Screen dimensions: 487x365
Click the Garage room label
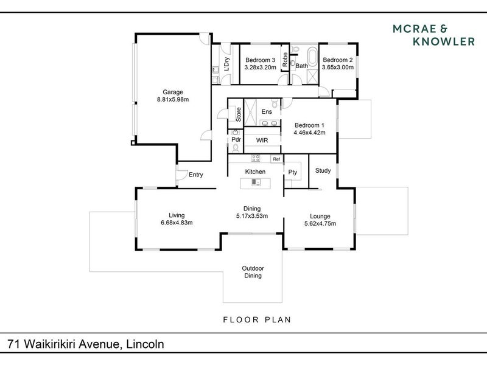[x=173, y=92]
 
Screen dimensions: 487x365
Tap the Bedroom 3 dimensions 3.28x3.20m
[x=261, y=68]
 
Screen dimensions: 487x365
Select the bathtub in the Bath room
[x=312, y=56]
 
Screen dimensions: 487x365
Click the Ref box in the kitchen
[x=276, y=159]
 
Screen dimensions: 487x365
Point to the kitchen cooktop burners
[x=256, y=158]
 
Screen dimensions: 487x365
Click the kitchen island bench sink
[x=256, y=182]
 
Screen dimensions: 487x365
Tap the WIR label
[x=262, y=141]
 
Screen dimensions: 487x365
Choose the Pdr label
[x=236, y=139]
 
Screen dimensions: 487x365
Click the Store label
[x=239, y=114]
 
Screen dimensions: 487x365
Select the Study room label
[x=323, y=170]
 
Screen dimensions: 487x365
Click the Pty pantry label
[x=293, y=172]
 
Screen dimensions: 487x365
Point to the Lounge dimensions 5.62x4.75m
[x=320, y=223]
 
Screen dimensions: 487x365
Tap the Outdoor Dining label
[x=253, y=272]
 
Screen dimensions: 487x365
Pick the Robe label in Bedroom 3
[x=285, y=59]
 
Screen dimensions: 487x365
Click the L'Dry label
[x=226, y=64]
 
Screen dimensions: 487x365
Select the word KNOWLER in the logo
[x=444, y=41]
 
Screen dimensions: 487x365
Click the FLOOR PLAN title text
[x=257, y=320]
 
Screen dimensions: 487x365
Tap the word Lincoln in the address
[x=145, y=344]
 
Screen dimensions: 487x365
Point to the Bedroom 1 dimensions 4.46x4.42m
[x=309, y=133]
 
